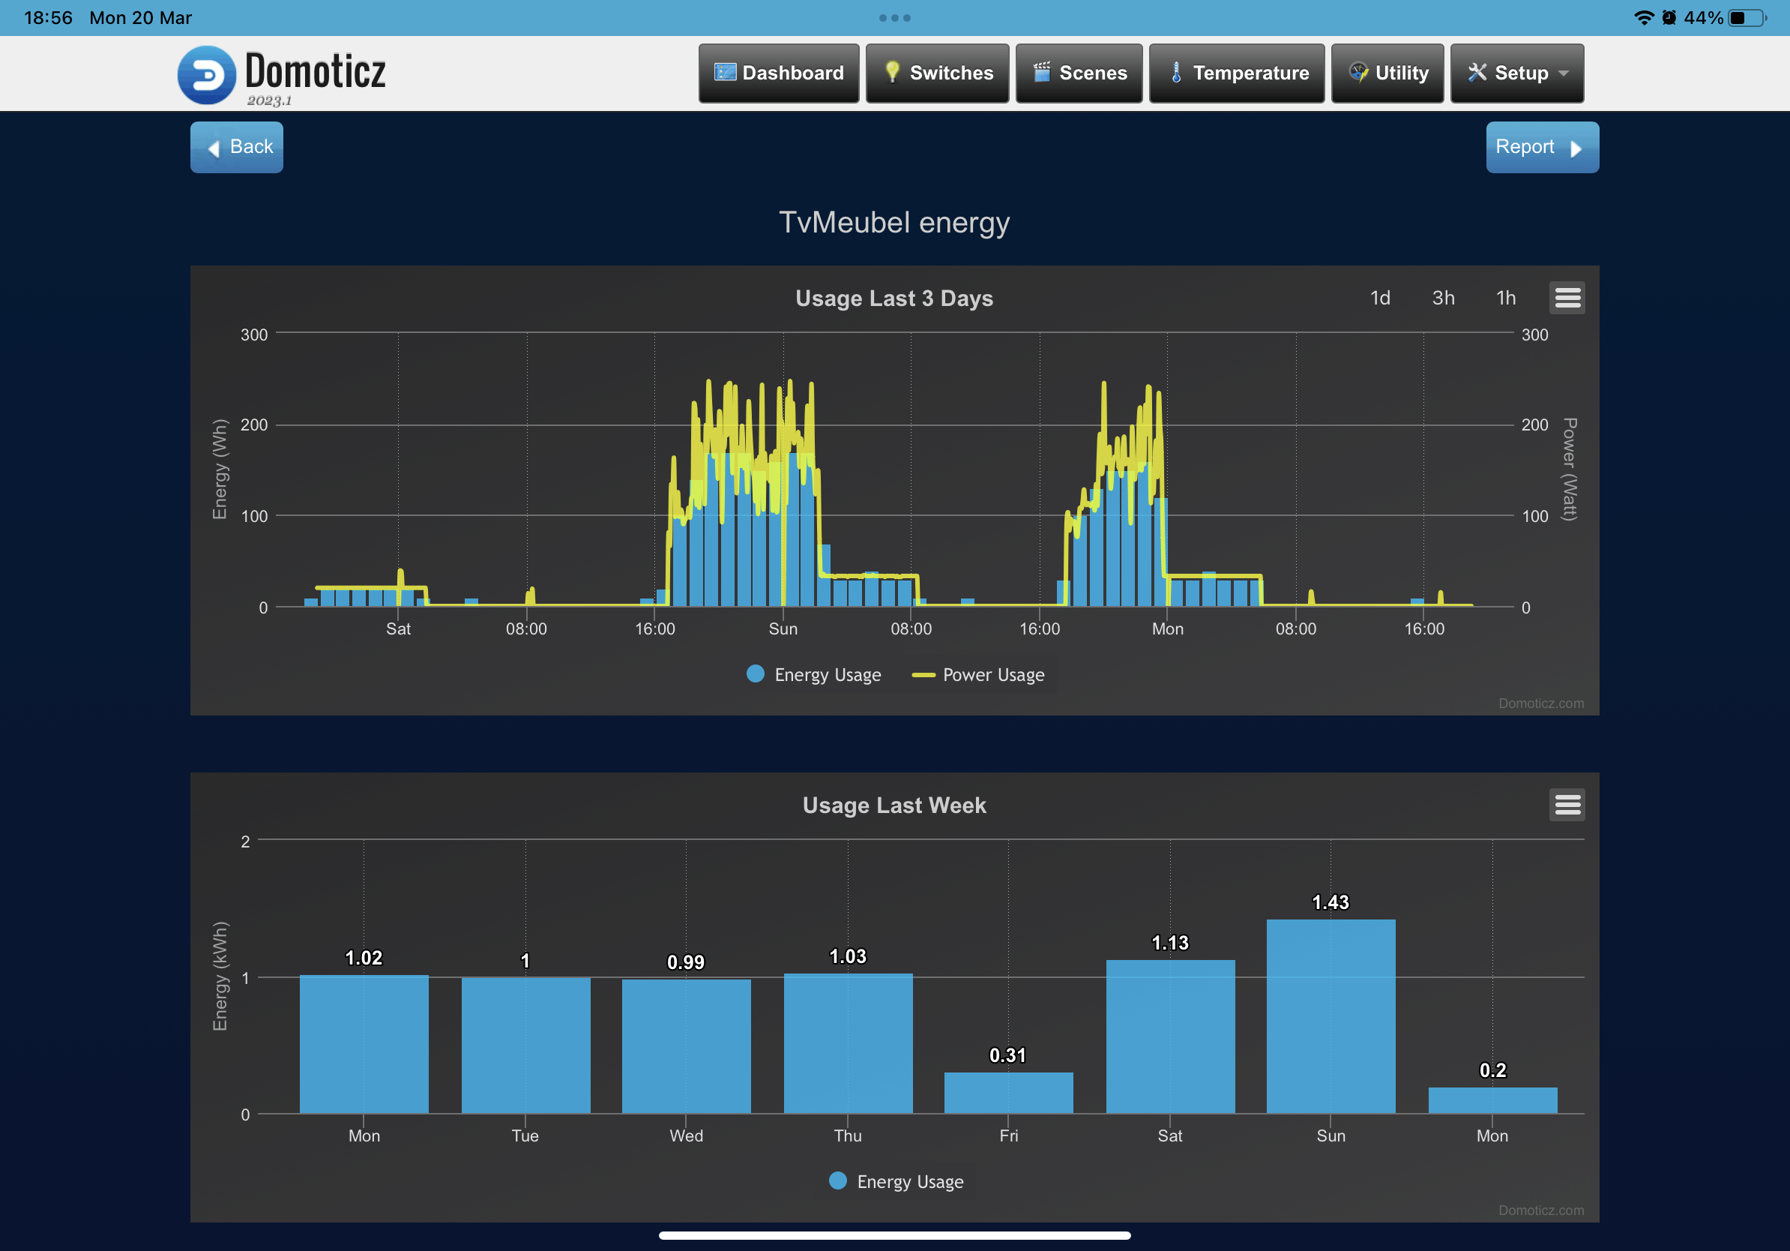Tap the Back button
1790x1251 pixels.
tap(236, 147)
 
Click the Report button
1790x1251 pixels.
tap(1541, 147)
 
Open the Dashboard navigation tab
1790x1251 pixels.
tap(778, 73)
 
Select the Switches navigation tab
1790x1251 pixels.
tap(937, 73)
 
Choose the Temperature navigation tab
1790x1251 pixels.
tap(1237, 73)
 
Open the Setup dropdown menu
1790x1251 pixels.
tap(1516, 73)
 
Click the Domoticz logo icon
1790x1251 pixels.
tap(207, 75)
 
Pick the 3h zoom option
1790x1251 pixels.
tap(1443, 298)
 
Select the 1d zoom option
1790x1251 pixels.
tap(1380, 298)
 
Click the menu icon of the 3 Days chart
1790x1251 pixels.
tap(1567, 298)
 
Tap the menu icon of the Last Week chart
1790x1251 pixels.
tap(1567, 805)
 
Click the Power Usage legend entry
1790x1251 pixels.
tap(979, 675)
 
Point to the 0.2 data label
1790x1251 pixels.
tap(1492, 1070)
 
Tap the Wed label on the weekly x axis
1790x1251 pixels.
tap(686, 1135)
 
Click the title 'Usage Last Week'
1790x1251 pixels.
tap(894, 805)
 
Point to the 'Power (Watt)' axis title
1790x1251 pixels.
tap(1569, 469)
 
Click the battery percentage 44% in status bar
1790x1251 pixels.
tap(1703, 18)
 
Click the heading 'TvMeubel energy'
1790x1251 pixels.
tap(894, 222)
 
